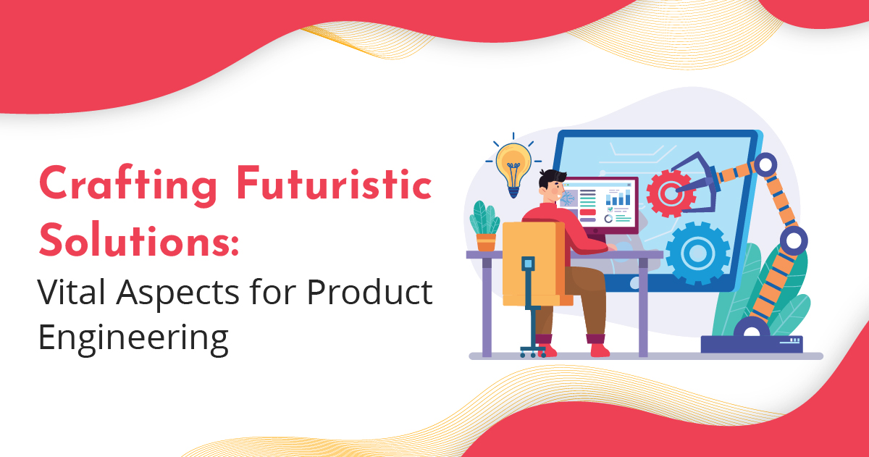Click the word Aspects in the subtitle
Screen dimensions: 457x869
(x=184, y=293)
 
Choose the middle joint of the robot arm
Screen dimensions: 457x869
(x=794, y=238)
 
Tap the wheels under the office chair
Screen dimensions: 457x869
(x=533, y=352)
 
